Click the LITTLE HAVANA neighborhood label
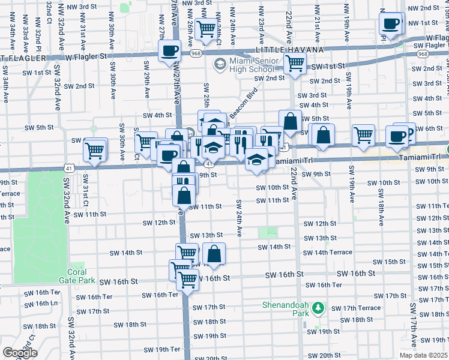[x=289, y=50]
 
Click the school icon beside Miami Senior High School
[x=220, y=63]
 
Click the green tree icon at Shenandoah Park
[x=318, y=309]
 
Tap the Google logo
[x=20, y=352]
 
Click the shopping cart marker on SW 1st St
[x=295, y=63]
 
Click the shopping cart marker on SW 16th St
[x=188, y=278]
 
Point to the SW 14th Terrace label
[x=327, y=253]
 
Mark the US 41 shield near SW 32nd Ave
[x=70, y=170]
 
